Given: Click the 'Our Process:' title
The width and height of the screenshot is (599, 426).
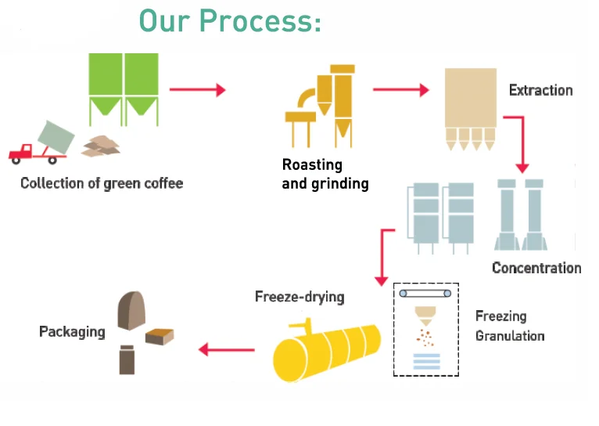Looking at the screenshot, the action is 230,21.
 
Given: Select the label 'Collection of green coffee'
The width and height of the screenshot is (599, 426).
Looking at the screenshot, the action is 102,183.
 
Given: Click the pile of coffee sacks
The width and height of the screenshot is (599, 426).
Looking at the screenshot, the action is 101,146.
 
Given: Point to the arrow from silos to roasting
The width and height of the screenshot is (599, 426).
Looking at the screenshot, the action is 198,90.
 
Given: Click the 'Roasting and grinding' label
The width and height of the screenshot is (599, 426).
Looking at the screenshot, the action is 325,175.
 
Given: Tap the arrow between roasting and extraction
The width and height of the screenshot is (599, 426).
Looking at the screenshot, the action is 401,90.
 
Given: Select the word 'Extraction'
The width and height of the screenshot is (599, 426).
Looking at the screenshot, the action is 541,90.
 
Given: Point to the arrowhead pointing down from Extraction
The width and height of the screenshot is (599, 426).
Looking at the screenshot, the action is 522,168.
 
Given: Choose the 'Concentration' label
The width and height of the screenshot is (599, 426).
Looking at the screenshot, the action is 536,268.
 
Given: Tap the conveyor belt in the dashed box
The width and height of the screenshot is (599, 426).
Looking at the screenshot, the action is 425,294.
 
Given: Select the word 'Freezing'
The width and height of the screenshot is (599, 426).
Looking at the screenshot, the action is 500,316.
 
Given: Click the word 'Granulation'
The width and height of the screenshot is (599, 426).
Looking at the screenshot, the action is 510,336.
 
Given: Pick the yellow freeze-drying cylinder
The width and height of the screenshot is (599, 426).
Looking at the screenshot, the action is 327,350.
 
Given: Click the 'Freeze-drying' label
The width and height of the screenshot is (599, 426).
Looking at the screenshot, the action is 299,297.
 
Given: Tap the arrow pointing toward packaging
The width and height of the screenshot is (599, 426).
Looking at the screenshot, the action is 227,349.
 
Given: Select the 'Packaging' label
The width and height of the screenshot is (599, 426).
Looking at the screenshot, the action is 72,332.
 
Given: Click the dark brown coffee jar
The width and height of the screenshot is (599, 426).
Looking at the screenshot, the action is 127,360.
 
